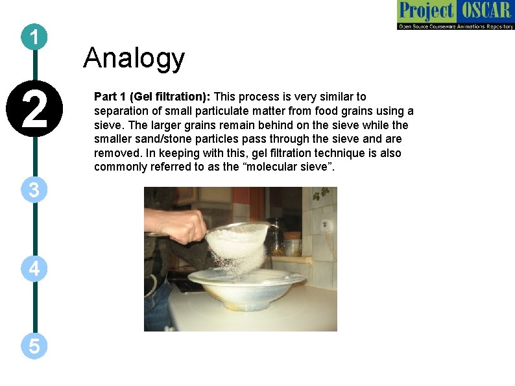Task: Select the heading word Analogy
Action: coord(134,58)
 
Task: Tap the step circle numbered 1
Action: coord(34,38)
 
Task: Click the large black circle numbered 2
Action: coord(34,109)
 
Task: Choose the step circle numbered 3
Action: coord(34,190)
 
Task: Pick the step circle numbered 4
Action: coord(34,268)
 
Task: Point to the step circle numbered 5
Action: coord(34,346)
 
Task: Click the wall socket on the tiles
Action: coord(326,227)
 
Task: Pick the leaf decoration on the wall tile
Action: coord(320,194)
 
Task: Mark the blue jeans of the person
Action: coord(158,305)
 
